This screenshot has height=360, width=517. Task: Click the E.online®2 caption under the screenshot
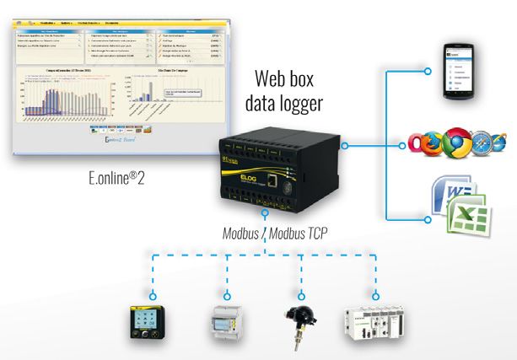point(122,180)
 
